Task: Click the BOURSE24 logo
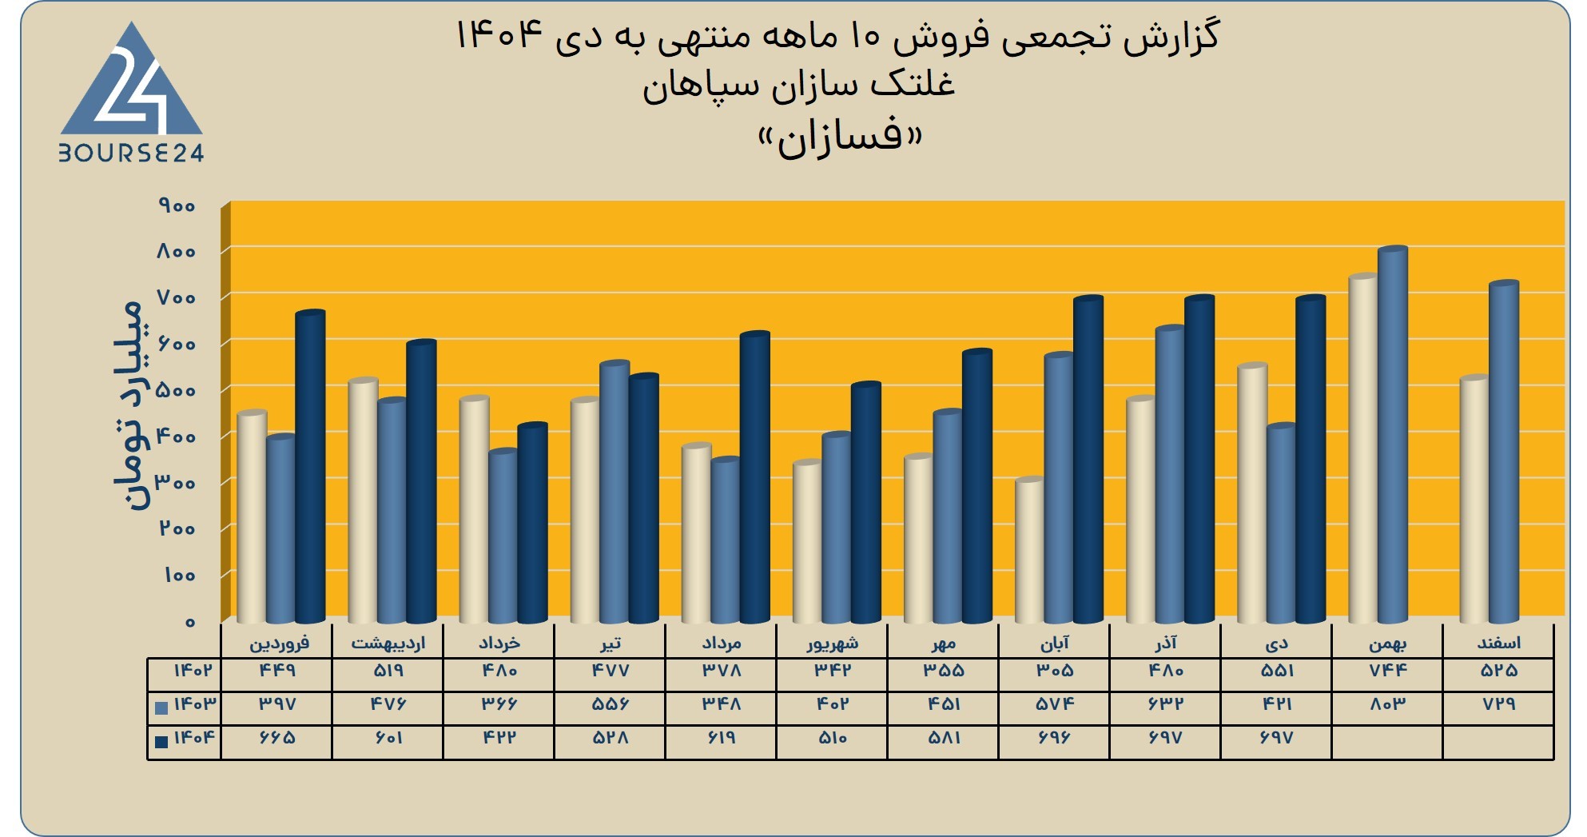[x=132, y=92]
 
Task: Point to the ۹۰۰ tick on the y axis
[x=177, y=205]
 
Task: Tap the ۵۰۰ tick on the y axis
[x=177, y=390]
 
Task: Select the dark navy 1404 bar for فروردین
[x=310, y=467]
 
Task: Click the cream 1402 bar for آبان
[x=1029, y=551]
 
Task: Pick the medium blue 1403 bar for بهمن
[x=1392, y=435]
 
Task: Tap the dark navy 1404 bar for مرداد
[x=754, y=477]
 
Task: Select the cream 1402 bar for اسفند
[x=1474, y=499]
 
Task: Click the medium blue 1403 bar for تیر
[x=615, y=492]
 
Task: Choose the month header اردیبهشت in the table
[x=388, y=644]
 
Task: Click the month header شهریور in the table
[x=832, y=644]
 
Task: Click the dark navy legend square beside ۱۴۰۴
[x=161, y=742]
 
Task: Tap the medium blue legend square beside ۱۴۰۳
[x=161, y=707]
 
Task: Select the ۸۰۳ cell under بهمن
[x=1387, y=704]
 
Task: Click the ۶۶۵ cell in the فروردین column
[x=277, y=738]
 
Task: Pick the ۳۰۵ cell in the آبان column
[x=1055, y=670]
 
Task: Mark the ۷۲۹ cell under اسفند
[x=1498, y=704]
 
